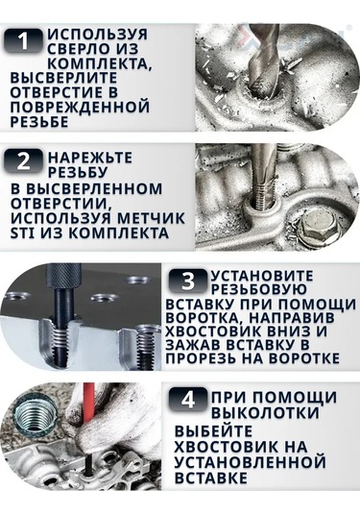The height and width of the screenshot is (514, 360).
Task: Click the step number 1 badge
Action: pos(24,41)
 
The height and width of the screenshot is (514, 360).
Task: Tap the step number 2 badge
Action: pos(24,161)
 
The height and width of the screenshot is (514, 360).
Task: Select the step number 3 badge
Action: pos(188,281)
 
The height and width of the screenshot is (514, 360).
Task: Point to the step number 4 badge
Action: pos(188,400)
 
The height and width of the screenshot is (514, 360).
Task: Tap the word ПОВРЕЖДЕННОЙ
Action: pos(80,108)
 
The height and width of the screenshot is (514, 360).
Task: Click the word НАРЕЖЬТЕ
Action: pos(90,158)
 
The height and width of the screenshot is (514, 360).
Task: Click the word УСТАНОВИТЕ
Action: pos(262,276)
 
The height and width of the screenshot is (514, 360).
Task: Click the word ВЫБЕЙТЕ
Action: pos(213,431)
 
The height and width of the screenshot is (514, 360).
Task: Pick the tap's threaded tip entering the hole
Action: pos(261,196)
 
